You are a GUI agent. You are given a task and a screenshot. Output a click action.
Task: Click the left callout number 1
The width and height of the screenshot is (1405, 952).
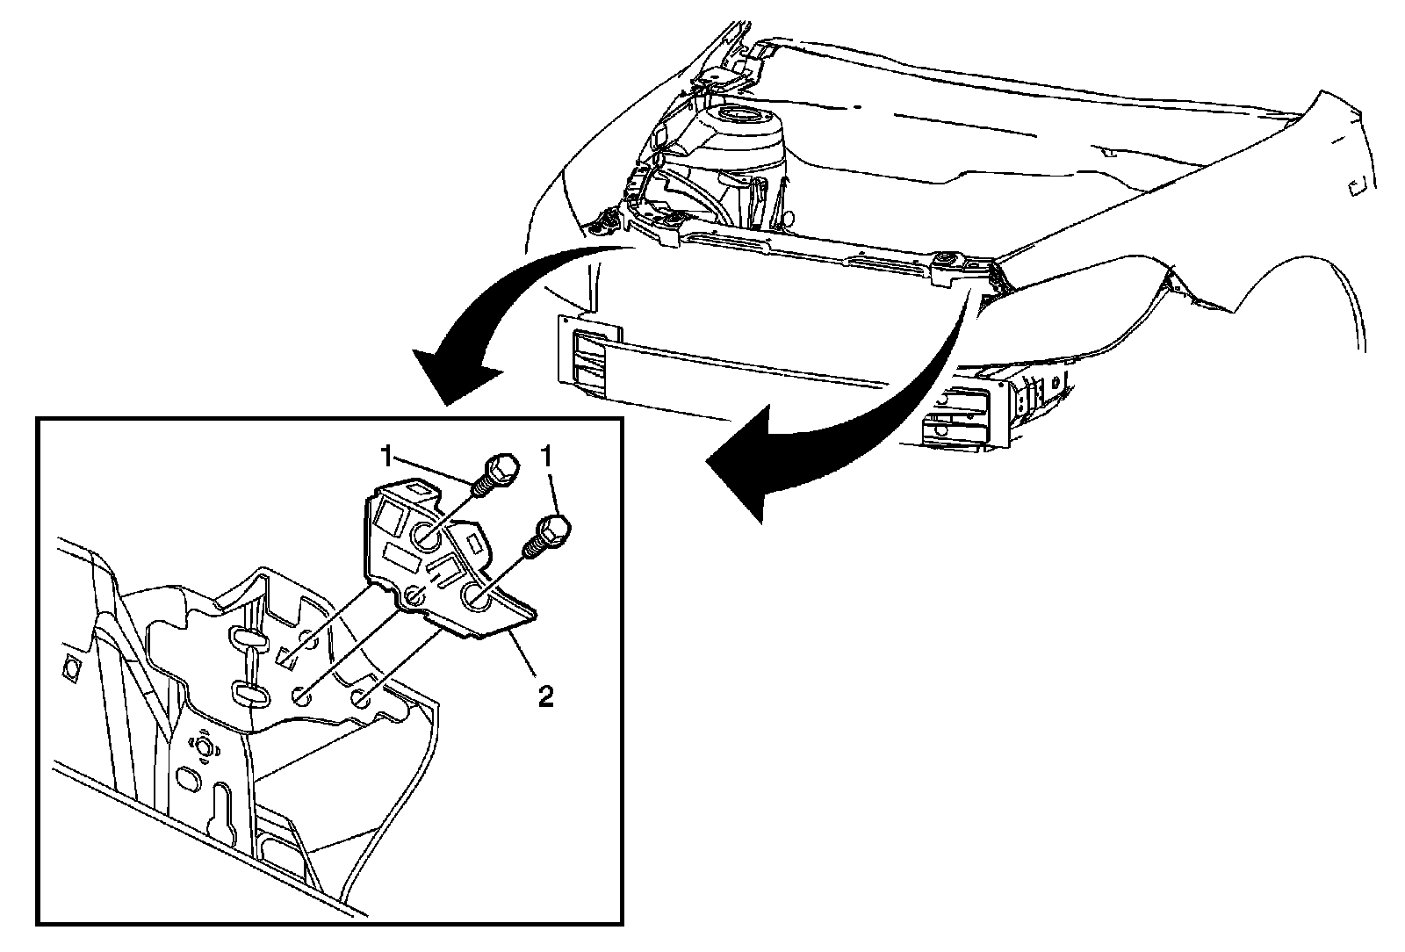pos(386,457)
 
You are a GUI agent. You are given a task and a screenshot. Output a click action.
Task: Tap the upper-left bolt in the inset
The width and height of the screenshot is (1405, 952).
pos(497,472)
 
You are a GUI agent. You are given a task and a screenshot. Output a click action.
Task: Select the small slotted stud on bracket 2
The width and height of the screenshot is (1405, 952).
pos(414,597)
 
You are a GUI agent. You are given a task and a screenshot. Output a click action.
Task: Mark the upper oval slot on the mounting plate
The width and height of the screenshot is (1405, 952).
pos(248,638)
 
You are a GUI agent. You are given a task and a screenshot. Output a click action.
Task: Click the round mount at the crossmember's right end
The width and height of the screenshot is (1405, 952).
pos(947,260)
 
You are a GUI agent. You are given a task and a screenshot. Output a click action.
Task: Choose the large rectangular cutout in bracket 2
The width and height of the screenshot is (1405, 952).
pos(400,559)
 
